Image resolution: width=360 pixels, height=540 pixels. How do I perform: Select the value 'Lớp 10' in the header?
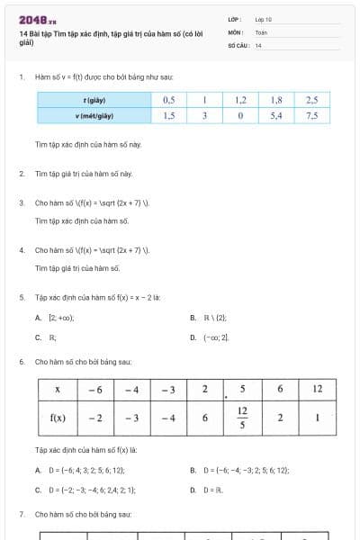pyautogui.click(x=265, y=18)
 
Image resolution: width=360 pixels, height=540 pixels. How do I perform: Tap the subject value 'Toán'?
pyautogui.click(x=261, y=31)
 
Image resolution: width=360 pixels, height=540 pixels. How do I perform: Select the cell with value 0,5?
pyautogui.click(x=169, y=100)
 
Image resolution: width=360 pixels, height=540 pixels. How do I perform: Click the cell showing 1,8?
pyautogui.click(x=276, y=100)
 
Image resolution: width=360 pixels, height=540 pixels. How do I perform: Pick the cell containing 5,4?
pyautogui.click(x=276, y=116)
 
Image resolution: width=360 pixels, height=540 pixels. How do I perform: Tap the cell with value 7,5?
pyautogui.click(x=312, y=116)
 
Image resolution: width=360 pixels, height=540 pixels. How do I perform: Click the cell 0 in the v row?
pyautogui.click(x=240, y=116)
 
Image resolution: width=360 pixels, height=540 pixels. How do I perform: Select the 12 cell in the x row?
pyautogui.click(x=318, y=389)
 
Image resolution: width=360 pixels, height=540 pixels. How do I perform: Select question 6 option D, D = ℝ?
pyautogui.click(x=212, y=490)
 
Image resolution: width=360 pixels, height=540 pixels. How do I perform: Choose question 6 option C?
pyautogui.click(x=85, y=490)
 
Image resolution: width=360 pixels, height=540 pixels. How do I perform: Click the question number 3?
pyautogui.click(x=21, y=202)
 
